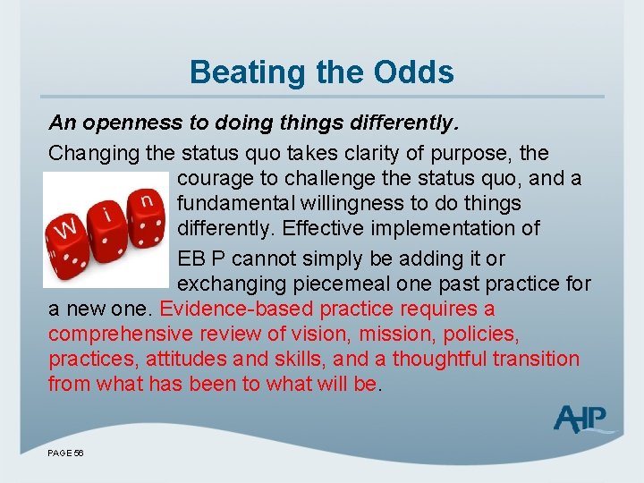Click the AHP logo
[x=580, y=419]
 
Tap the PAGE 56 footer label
[x=65, y=453]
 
